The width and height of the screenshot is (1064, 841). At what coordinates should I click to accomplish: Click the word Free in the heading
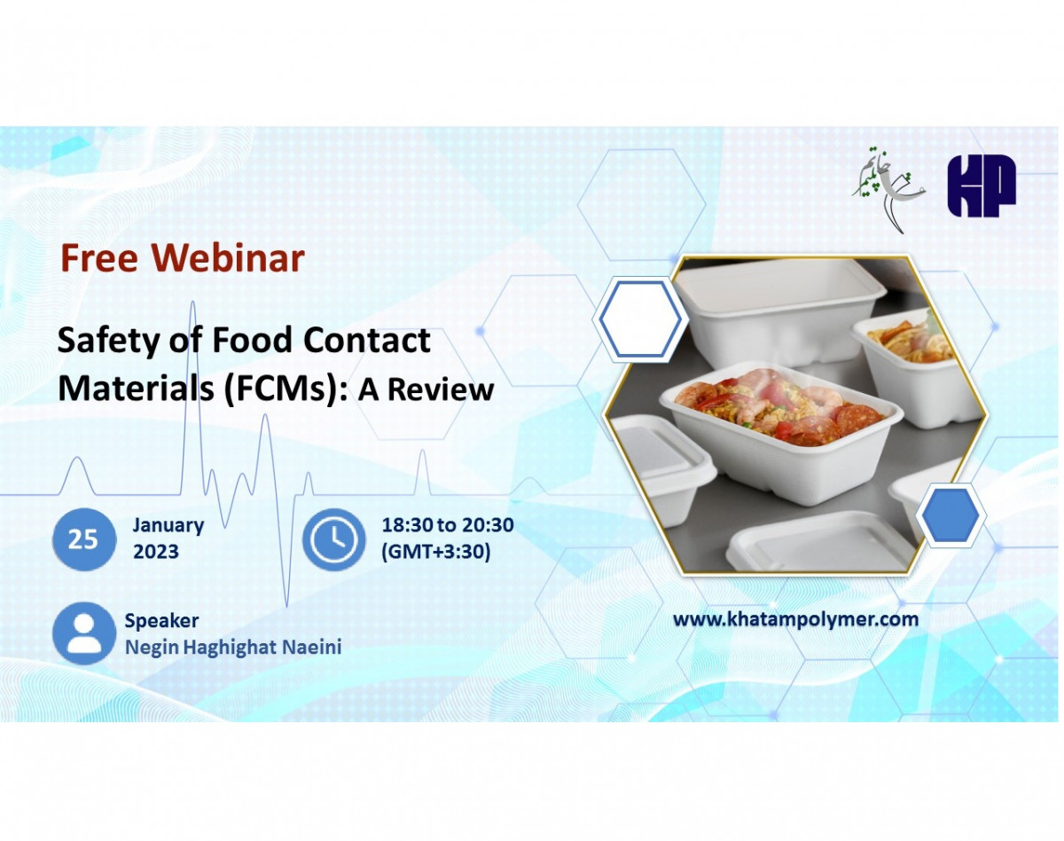click(98, 258)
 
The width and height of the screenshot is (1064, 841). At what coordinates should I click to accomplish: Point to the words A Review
click(426, 390)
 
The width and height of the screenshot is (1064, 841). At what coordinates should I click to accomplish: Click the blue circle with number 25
click(83, 539)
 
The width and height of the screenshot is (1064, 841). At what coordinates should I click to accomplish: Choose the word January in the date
click(168, 525)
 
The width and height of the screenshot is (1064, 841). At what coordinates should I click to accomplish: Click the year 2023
click(156, 552)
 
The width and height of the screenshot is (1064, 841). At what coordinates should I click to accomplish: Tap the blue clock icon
click(333, 539)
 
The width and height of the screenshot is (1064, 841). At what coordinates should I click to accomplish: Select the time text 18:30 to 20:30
click(447, 525)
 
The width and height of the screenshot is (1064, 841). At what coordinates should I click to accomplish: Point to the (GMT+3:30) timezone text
click(435, 552)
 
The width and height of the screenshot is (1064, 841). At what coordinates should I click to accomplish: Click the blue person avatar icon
click(83, 633)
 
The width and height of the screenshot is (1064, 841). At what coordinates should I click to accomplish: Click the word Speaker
click(161, 621)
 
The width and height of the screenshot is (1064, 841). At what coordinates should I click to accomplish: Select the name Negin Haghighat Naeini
click(232, 648)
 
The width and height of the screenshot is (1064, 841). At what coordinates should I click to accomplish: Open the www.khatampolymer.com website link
click(795, 619)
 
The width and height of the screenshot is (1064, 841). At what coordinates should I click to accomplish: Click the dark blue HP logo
click(981, 186)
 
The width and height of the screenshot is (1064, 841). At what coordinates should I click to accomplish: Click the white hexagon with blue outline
click(639, 320)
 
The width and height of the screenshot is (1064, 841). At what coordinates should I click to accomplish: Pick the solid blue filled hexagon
click(951, 515)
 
